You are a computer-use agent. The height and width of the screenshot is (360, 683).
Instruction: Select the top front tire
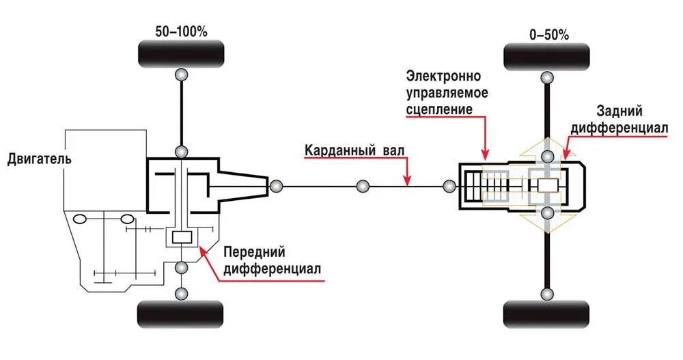[x=181, y=54]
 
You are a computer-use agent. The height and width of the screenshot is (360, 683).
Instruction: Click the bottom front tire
[x=181, y=314]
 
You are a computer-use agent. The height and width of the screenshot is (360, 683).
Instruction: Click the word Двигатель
[x=40, y=159]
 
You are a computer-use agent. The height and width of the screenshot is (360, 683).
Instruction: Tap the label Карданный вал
[x=353, y=151]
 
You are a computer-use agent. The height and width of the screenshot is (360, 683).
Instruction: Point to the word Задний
[x=619, y=111]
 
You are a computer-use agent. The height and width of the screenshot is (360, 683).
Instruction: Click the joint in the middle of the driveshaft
[x=363, y=185]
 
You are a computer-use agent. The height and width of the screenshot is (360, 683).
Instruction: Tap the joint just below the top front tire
[x=181, y=74]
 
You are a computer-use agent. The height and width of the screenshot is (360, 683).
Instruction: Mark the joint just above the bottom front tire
[x=181, y=293]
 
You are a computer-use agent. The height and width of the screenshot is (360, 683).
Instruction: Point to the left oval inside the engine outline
[x=80, y=220]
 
